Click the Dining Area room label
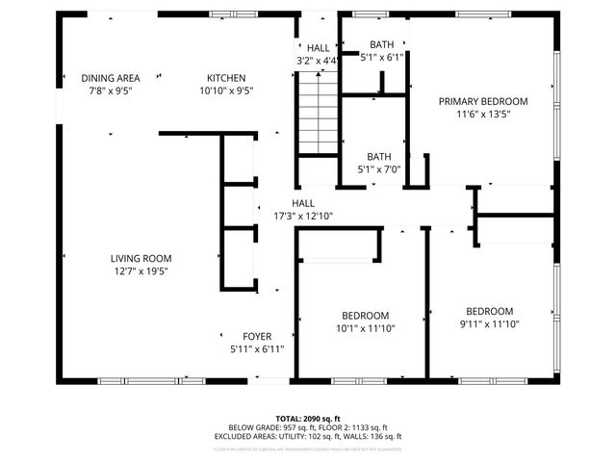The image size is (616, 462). tap(111, 78)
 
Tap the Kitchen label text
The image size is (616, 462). tap(226, 78)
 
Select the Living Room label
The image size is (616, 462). tap(141, 258)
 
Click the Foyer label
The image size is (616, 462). tap(256, 336)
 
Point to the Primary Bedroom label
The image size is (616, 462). tap(483, 101)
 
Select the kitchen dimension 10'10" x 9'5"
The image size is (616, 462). tap(226, 90)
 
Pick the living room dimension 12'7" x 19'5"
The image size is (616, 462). tap(141, 270)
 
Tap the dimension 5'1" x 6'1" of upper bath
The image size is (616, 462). tap(382, 57)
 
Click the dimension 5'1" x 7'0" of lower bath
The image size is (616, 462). tap(377, 169)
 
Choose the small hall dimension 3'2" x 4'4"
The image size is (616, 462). tap(317, 61)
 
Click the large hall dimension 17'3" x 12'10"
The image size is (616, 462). tap(303, 216)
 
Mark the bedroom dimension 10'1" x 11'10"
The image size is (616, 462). tap(365, 328)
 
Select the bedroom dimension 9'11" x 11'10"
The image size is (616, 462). tap(489, 323)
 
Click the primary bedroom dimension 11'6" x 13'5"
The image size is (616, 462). tap(483, 114)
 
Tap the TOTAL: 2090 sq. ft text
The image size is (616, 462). tap(308, 419)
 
